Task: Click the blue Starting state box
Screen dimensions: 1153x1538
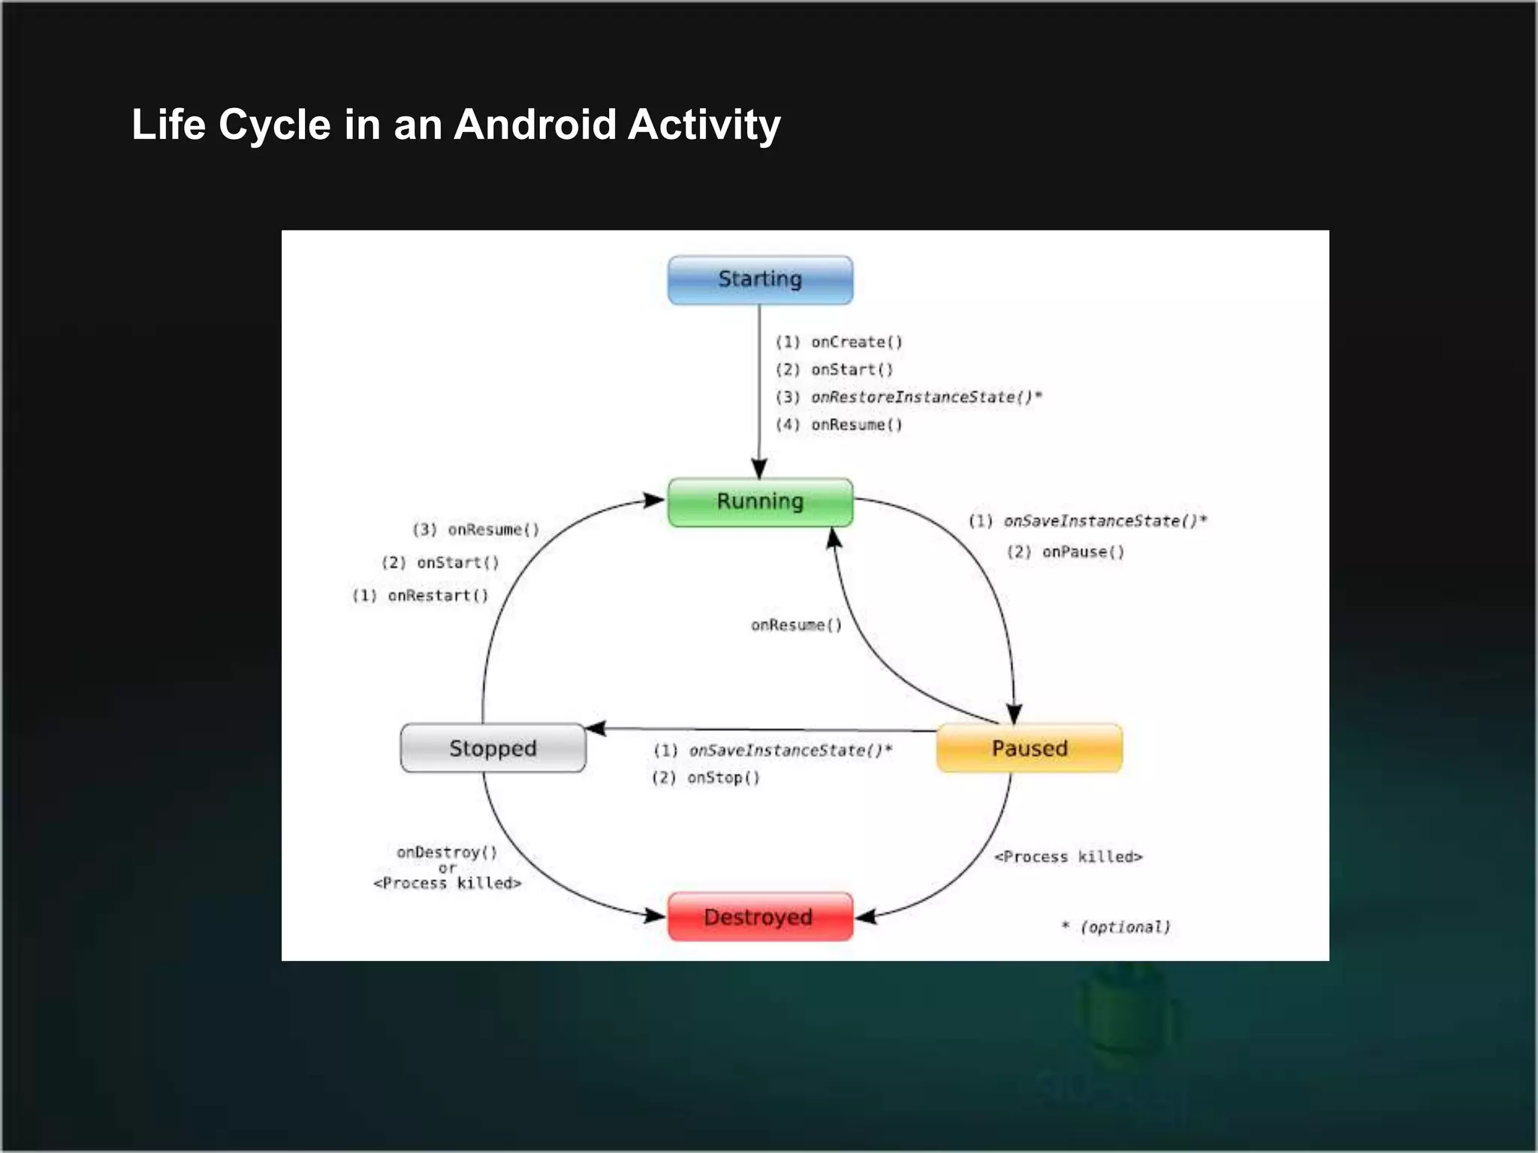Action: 760,280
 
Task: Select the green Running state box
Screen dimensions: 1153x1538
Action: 760,501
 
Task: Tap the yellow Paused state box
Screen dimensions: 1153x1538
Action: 1029,748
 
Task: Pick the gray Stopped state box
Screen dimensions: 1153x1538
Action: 493,748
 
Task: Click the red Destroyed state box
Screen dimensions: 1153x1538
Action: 760,917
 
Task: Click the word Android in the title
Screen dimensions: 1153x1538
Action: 535,125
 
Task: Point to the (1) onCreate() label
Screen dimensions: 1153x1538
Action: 839,342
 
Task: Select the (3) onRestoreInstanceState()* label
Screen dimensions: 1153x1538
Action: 909,397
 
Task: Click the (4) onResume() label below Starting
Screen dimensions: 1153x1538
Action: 839,425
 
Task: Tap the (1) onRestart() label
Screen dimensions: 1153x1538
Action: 421,596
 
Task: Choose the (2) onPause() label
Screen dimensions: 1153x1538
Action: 1066,552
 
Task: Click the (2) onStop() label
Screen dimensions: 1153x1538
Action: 706,778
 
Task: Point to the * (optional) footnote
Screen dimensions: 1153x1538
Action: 1116,928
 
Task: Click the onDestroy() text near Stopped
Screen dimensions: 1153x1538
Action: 447,853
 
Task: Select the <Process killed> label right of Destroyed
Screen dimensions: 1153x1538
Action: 1068,857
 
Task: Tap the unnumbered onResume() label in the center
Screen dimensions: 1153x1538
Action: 796,625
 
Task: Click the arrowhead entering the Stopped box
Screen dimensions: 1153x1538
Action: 596,728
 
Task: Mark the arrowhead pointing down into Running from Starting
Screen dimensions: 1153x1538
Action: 759,468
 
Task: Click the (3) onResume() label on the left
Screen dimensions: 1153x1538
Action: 476,530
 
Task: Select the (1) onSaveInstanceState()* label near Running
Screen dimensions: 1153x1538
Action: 1087,521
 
